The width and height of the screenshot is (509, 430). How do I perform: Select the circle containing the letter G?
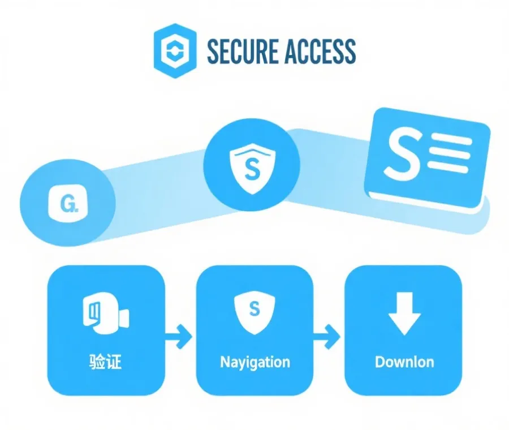(67, 201)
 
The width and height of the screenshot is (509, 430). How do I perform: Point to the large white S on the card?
(403, 153)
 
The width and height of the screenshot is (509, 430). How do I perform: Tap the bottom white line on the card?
(448, 168)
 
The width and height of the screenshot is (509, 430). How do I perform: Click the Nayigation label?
(255, 362)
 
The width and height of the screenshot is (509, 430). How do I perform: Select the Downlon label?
(404, 362)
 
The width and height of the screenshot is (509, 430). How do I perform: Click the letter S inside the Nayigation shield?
(254, 309)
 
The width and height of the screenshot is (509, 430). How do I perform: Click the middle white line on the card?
(450, 153)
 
